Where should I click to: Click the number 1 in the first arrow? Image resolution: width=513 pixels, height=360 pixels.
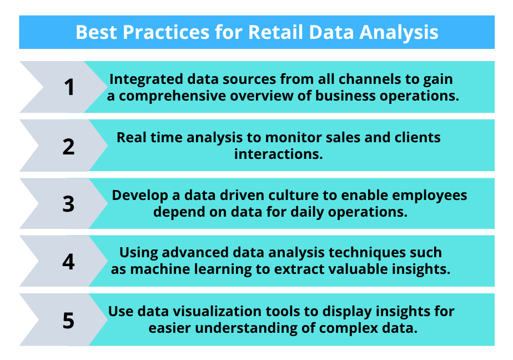click(x=69, y=87)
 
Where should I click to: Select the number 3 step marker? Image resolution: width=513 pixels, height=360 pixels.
click(x=69, y=203)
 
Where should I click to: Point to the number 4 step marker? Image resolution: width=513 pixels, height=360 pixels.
click(x=69, y=261)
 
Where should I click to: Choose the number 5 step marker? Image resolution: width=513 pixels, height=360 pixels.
click(x=69, y=320)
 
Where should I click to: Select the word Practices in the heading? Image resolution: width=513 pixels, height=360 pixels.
click(x=166, y=32)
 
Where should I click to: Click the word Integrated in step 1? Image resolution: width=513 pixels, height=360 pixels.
click(x=141, y=78)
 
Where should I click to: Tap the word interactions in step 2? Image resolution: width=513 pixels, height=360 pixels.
click(x=278, y=154)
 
